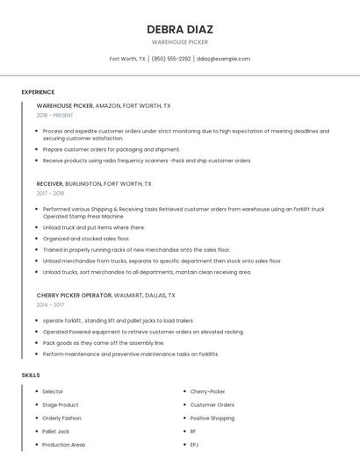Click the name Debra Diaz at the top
click(179, 29)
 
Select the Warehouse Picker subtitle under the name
click(179, 41)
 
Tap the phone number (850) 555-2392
click(170, 59)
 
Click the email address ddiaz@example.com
click(223, 59)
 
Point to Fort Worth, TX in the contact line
click(127, 59)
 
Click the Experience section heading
click(38, 92)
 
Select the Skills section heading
click(30, 376)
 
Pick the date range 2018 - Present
click(54, 115)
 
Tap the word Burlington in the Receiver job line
click(83, 184)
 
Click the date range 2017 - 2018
click(50, 193)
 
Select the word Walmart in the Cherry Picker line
click(128, 296)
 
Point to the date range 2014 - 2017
click(50, 304)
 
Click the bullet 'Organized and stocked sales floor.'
click(86, 239)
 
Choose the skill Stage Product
click(61, 404)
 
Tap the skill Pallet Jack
click(55, 432)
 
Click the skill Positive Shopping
click(212, 418)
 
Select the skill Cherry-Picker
click(208, 391)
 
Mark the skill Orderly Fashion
click(62, 418)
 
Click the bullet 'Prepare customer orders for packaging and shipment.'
click(112, 149)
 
